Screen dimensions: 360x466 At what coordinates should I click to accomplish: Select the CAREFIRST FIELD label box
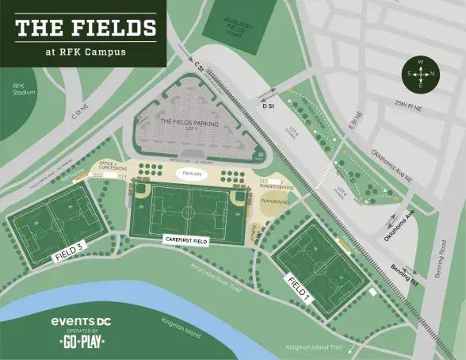[x=186, y=238]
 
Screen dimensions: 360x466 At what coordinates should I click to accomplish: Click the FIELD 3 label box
[x=68, y=251]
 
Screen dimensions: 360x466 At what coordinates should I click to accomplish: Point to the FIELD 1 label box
[x=298, y=289]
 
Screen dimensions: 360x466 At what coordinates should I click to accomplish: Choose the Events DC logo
[x=82, y=321]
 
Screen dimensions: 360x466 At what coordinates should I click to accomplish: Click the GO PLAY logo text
[x=82, y=342]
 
